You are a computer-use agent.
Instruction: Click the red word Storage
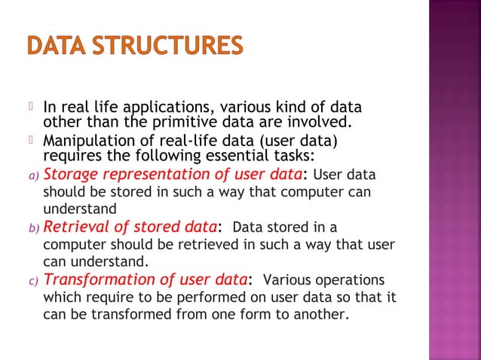tap(70, 175)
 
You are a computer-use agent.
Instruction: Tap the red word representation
tap(152, 175)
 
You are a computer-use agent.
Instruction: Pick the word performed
tap(200, 297)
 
